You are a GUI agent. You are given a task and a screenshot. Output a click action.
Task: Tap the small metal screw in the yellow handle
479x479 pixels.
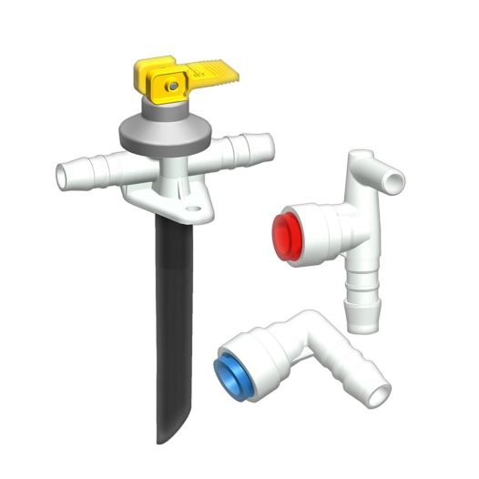click(x=171, y=85)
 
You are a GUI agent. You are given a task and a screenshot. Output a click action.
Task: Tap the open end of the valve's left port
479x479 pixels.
click(x=65, y=173)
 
